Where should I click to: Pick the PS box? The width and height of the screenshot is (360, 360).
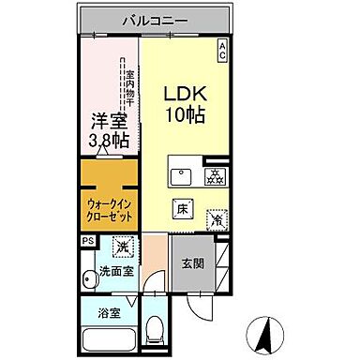87,241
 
